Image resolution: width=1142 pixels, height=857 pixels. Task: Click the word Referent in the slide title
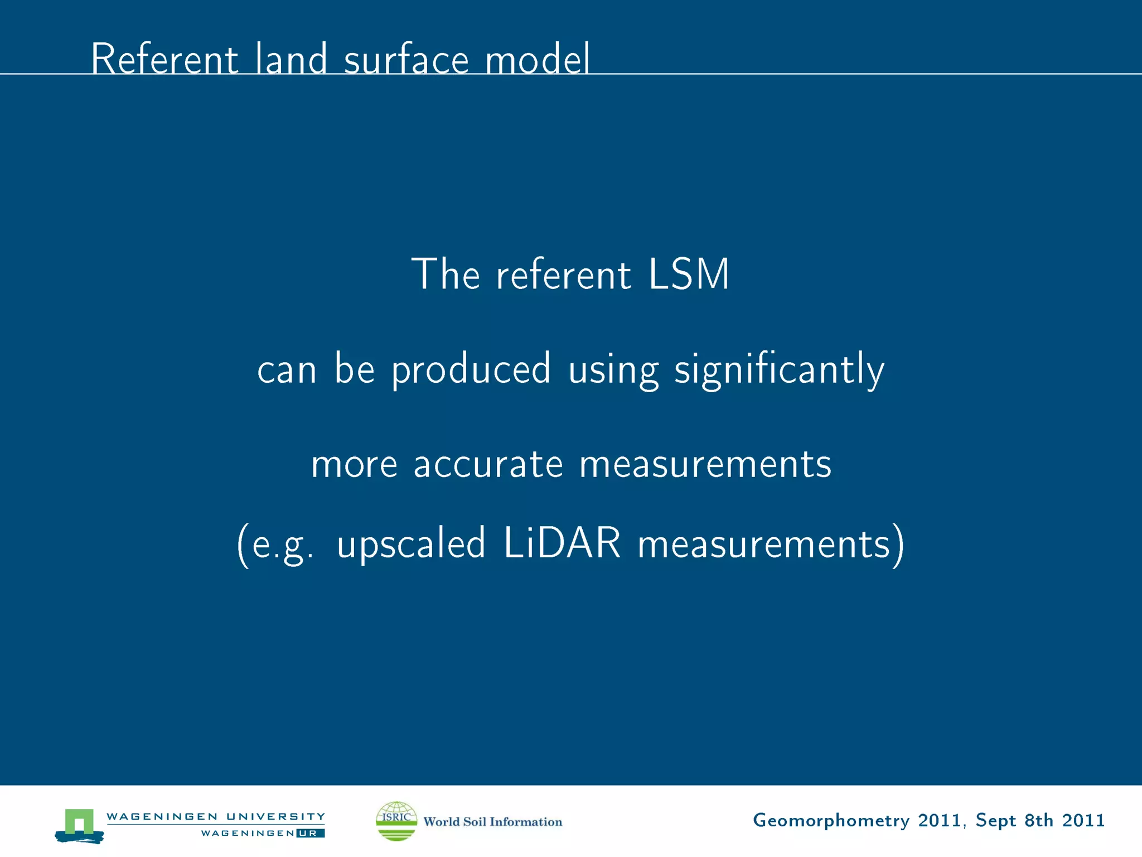click(164, 59)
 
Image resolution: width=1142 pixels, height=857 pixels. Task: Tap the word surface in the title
click(407, 59)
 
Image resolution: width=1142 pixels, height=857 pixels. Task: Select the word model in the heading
click(537, 59)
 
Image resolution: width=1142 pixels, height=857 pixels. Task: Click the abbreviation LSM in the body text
click(689, 275)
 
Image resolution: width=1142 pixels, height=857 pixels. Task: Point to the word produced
click(471, 370)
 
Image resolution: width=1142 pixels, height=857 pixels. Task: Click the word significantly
click(779, 370)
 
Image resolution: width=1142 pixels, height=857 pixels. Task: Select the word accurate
click(488, 464)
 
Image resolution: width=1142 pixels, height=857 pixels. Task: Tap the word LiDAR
click(562, 543)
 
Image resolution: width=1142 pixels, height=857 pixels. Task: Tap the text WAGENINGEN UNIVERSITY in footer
click(215, 816)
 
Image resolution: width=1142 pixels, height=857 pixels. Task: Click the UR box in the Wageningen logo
click(309, 833)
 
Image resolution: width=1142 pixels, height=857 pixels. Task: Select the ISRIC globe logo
click(396, 821)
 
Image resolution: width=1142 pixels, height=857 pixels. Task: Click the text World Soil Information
click(492, 821)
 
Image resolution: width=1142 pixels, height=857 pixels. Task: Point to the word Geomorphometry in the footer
click(831, 821)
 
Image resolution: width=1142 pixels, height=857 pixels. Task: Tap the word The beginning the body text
click(445, 275)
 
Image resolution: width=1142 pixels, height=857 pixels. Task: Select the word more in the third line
click(354, 464)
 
